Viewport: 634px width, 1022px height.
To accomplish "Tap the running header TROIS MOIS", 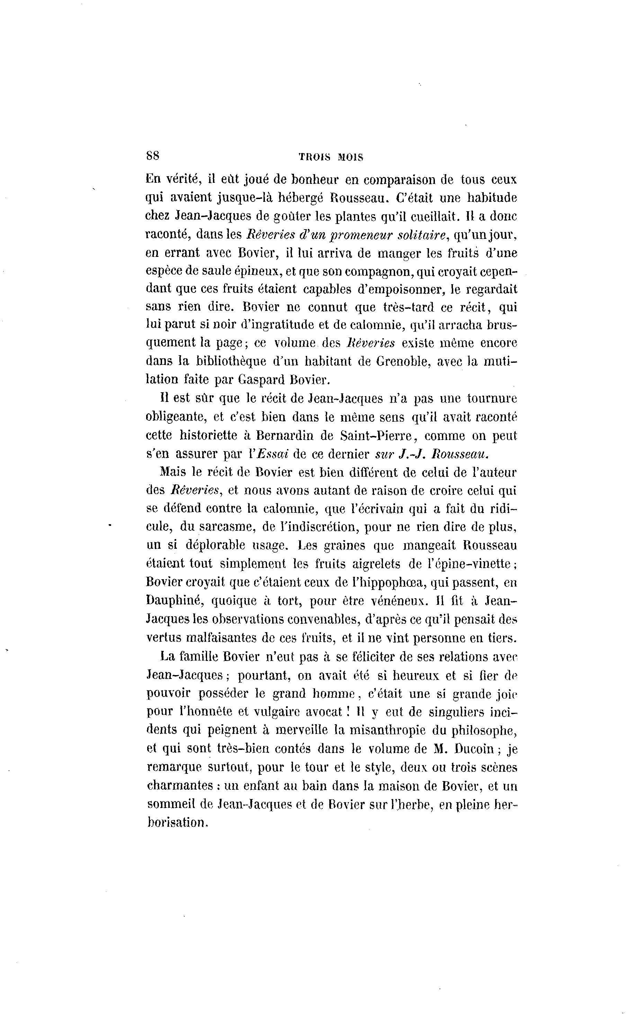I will point(331,157).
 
